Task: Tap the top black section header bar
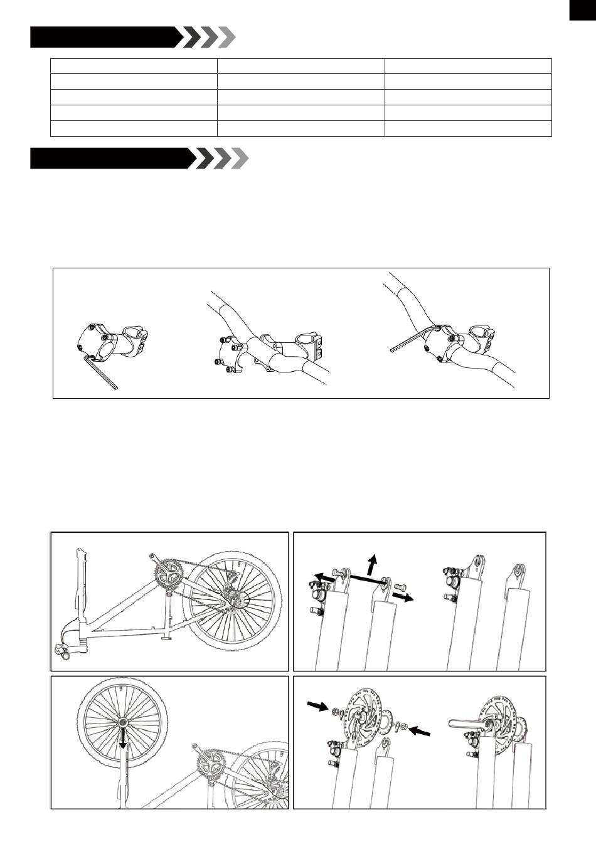point(104,38)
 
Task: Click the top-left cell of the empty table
point(134,66)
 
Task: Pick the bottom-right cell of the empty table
point(467,129)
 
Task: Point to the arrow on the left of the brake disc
point(318,707)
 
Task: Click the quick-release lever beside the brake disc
point(465,723)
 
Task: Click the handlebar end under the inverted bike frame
point(65,655)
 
